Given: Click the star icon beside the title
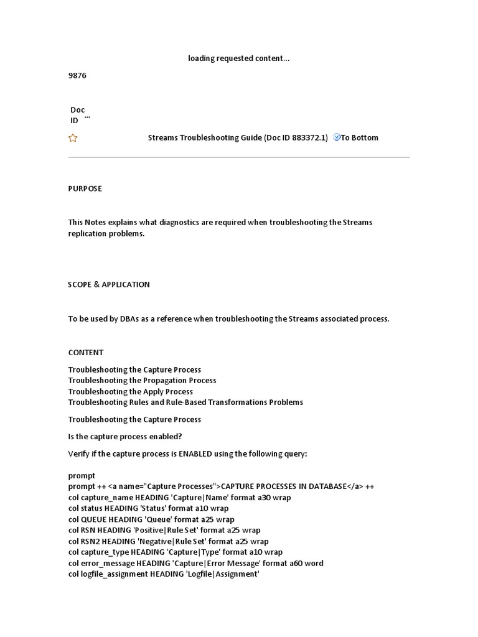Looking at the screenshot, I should [73, 138].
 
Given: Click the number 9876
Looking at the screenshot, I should [77, 75].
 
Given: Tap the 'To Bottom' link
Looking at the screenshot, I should [359, 137].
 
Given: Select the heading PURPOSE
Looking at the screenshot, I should [85, 188].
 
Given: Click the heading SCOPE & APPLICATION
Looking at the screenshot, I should [109, 284].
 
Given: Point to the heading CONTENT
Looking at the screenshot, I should [86, 352].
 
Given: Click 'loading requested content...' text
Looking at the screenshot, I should [239, 58].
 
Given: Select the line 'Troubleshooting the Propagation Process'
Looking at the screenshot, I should [142, 380].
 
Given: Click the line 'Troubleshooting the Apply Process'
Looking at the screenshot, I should [130, 391].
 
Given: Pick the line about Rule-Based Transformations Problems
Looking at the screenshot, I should [185, 402].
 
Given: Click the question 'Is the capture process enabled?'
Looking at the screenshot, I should [124, 436].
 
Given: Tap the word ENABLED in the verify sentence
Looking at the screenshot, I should [195, 453].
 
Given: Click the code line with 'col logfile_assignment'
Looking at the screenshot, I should [163, 574].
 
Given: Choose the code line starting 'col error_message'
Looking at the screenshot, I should [195, 563].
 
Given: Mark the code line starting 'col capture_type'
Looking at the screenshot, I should [175, 552].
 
